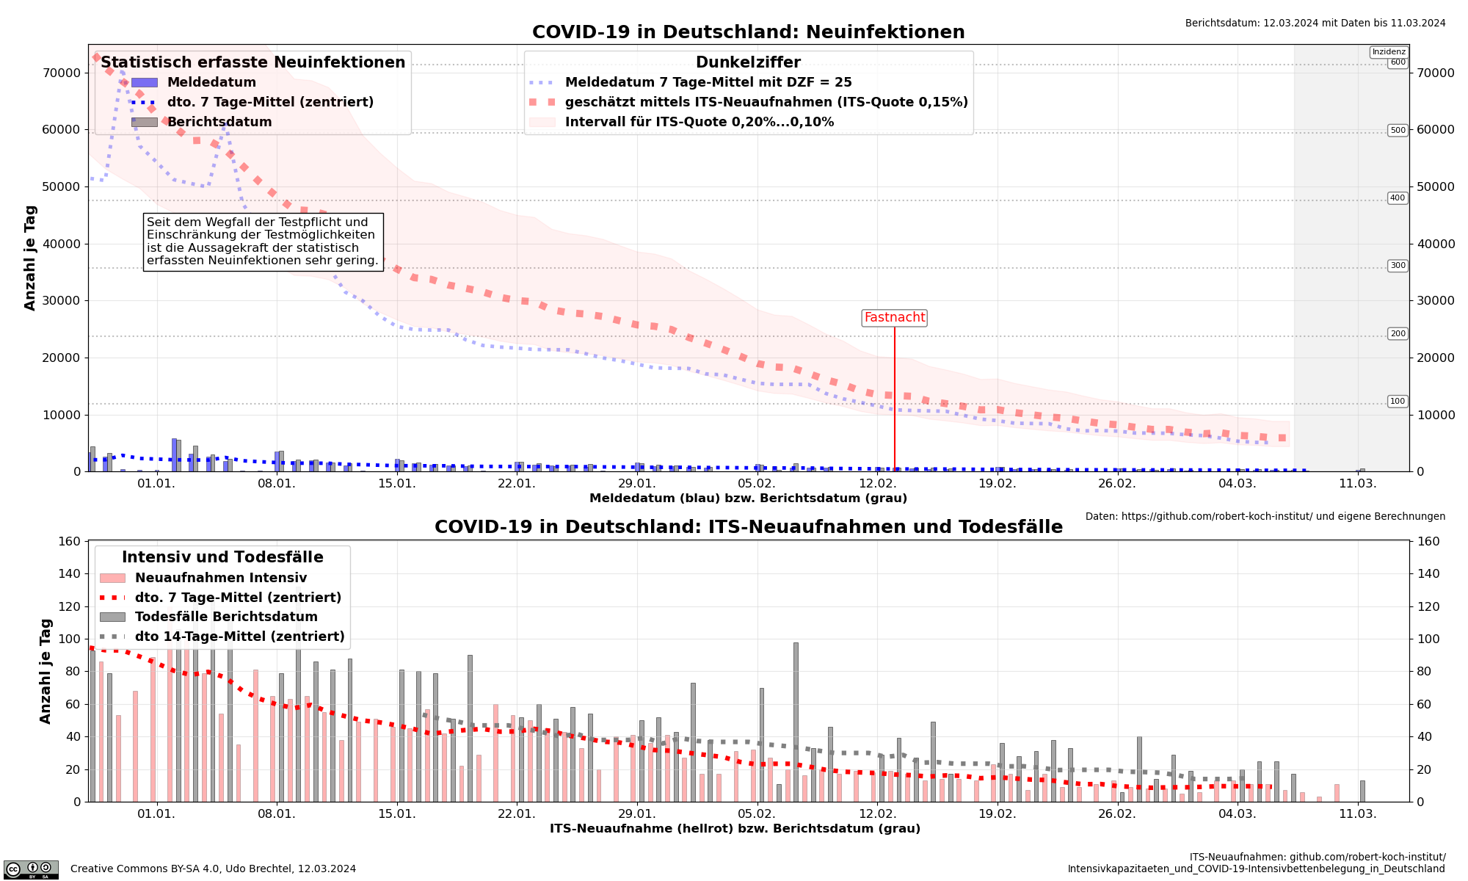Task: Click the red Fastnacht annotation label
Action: [894, 318]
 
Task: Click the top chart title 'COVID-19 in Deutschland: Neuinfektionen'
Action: [748, 32]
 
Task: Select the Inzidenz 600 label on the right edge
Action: [1398, 62]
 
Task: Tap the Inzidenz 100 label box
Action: [1398, 402]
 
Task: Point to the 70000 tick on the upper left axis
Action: [61, 73]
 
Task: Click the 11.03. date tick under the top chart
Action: [1357, 483]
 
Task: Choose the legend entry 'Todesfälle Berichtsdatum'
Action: [226, 617]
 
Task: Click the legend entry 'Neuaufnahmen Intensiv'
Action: [220, 578]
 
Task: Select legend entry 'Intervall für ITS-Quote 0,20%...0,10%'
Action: [699, 122]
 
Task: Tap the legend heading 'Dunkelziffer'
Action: [748, 63]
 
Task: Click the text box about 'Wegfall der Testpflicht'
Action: [263, 242]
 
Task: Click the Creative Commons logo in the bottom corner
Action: [31, 869]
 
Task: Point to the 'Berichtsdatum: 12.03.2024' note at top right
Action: [1315, 23]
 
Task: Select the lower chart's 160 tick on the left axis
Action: [69, 542]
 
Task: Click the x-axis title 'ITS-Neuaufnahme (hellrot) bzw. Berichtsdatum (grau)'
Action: [735, 829]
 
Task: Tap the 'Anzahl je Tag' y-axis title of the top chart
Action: [30, 258]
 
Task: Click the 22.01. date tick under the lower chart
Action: [516, 813]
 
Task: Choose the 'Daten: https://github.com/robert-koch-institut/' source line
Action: [1265, 517]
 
